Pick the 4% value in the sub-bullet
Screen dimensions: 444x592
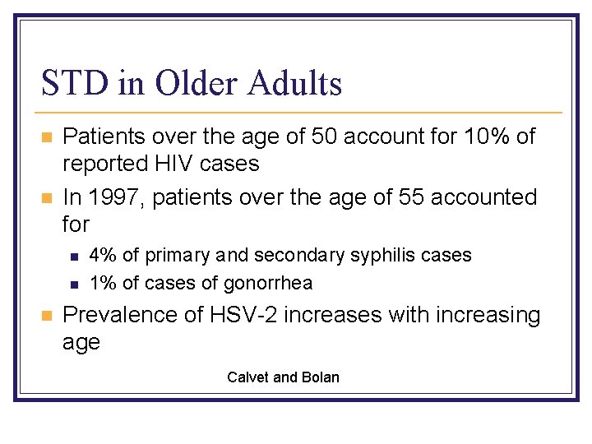tap(103, 255)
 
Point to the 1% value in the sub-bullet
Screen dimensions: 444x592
tap(103, 283)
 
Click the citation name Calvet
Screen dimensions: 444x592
tap(247, 377)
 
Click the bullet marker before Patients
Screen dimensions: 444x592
tap(48, 137)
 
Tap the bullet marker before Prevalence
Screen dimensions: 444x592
tap(48, 316)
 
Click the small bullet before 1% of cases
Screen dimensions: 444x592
tap(74, 284)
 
